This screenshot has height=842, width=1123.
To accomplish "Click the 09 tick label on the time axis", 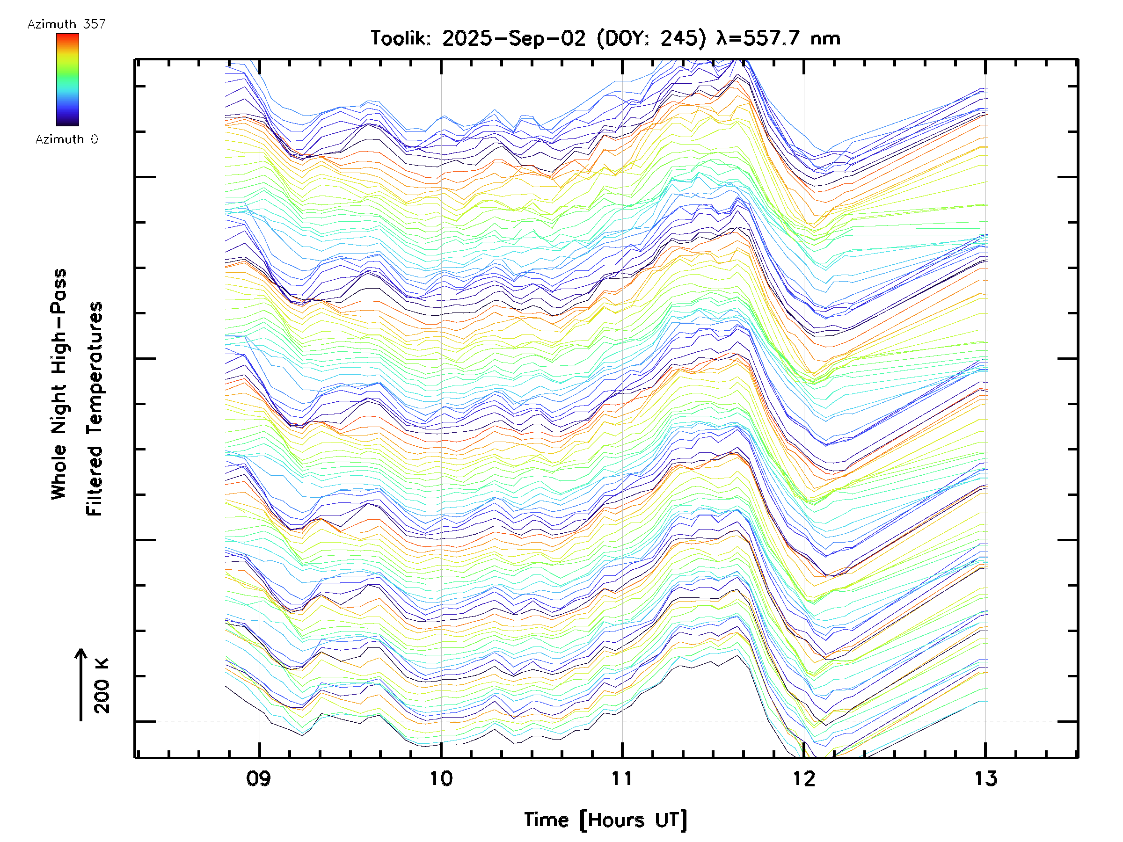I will tap(259, 778).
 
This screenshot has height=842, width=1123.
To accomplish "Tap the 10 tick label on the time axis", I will tap(441, 778).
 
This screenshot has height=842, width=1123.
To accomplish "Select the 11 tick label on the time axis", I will tap(622, 778).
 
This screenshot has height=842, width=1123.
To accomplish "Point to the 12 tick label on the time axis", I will tap(804, 778).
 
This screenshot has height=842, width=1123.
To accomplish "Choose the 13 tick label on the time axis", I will tap(985, 778).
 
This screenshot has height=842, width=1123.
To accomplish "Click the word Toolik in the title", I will tap(401, 38).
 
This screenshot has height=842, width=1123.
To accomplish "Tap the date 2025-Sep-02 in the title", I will tap(513, 38).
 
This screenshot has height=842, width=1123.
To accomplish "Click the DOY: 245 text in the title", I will tap(651, 38).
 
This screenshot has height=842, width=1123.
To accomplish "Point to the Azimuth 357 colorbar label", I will tap(66, 24).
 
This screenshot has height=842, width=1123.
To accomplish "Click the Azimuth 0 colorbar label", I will tap(66, 139).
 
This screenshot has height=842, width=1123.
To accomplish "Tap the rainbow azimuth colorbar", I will tap(67, 80).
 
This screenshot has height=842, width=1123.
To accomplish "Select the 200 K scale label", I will tap(102, 686).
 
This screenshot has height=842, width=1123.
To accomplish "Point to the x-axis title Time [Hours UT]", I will tap(605, 820).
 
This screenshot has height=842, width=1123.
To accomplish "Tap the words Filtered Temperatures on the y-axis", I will tap(95, 408).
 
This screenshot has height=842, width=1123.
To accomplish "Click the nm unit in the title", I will tap(825, 38).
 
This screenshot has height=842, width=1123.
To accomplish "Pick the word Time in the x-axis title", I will tap(546, 820).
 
